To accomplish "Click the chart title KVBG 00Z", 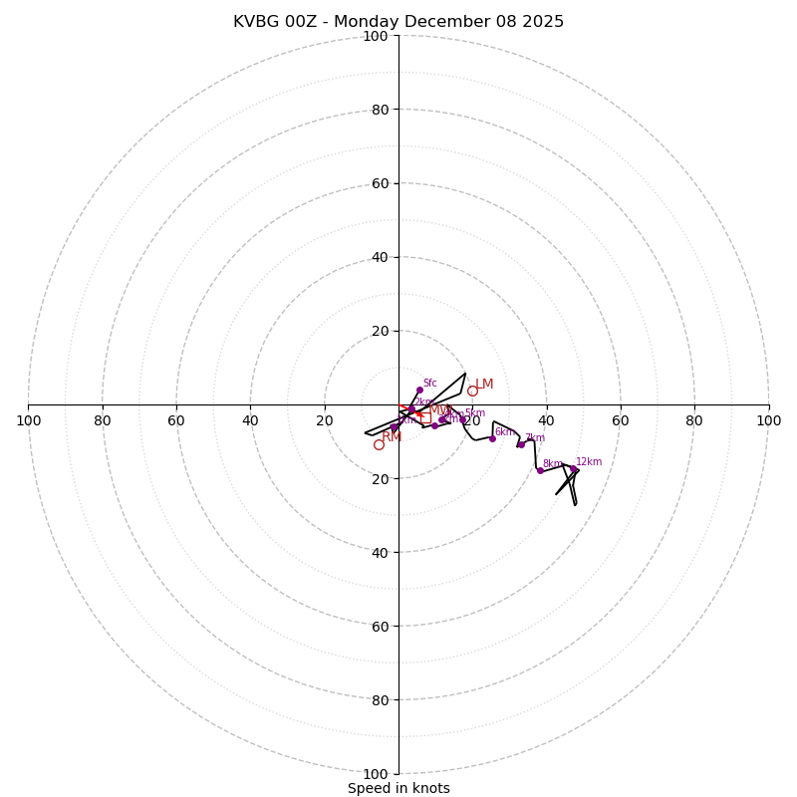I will click(x=398, y=22).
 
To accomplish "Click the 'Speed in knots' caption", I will click(x=398, y=788).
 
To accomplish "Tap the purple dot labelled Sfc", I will click(x=419, y=390).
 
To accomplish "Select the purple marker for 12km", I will click(x=575, y=469).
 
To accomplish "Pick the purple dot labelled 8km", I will click(x=540, y=470).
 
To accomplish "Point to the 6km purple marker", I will click(x=492, y=438).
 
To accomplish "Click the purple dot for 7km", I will click(x=521, y=444).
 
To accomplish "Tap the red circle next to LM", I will click(x=472, y=392).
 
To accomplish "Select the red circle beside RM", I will click(x=379, y=444).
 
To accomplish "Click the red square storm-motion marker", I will click(x=425, y=418).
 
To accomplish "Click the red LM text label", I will click(x=484, y=385).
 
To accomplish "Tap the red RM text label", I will click(x=392, y=436).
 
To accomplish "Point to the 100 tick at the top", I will click(x=376, y=36).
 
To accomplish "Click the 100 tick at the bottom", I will click(x=376, y=774).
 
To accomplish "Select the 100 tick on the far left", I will click(x=29, y=420).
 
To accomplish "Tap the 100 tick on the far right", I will click(x=768, y=420).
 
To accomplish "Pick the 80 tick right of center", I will click(x=694, y=420).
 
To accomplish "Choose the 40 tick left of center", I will click(x=250, y=420).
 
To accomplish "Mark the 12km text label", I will click(x=589, y=461).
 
